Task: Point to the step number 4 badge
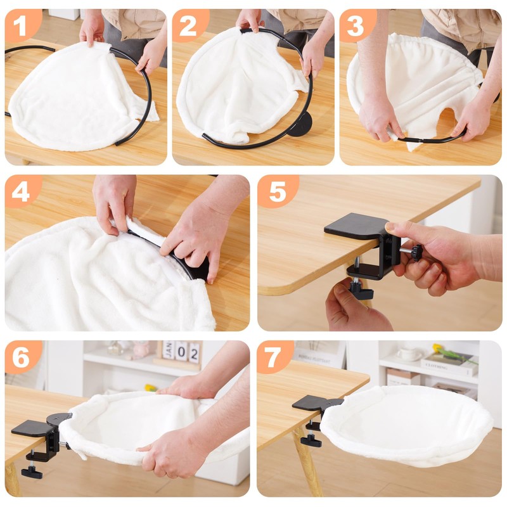(x=21, y=191)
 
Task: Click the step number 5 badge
(x=277, y=191)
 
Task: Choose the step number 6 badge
(x=21, y=357)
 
